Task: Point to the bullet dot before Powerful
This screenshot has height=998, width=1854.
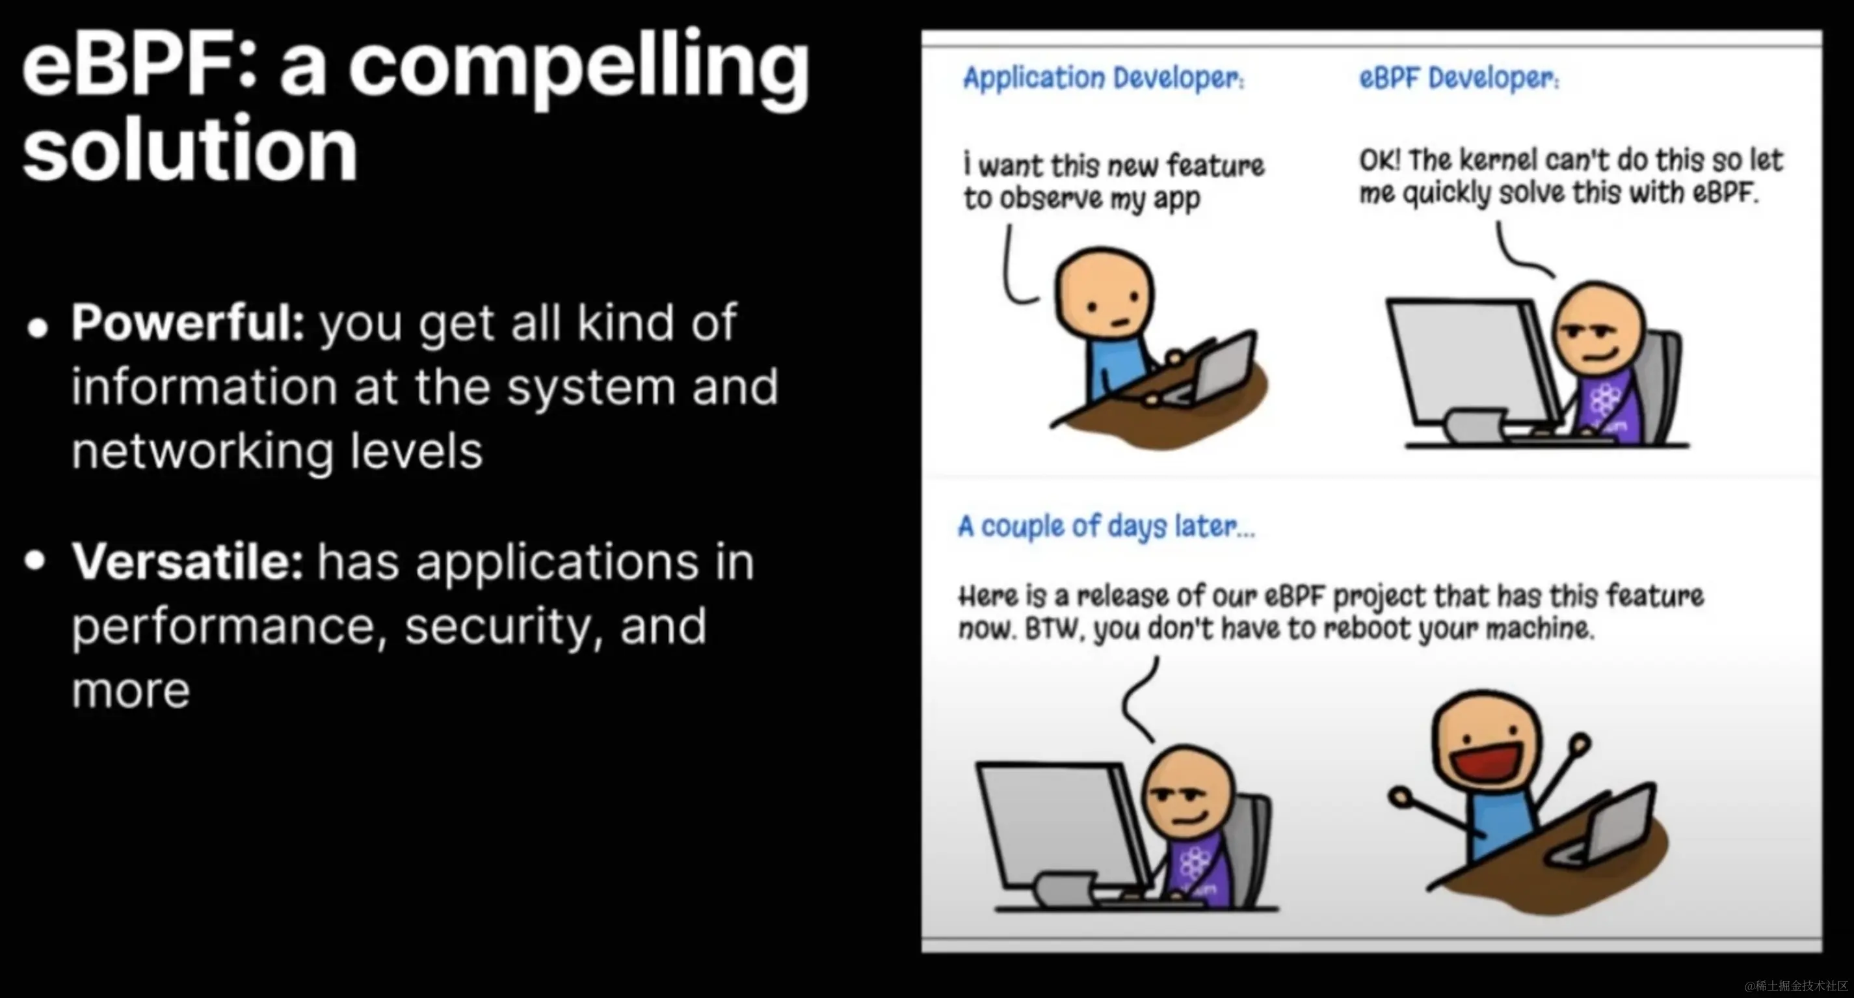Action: click(38, 328)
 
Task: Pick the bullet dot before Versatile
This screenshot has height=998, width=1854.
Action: click(35, 560)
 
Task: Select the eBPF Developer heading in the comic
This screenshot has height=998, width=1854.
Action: click(1459, 78)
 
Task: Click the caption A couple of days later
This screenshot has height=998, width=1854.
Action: click(1106, 527)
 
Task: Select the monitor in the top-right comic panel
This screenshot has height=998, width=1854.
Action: click(1472, 364)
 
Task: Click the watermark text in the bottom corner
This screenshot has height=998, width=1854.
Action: click(1795, 986)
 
